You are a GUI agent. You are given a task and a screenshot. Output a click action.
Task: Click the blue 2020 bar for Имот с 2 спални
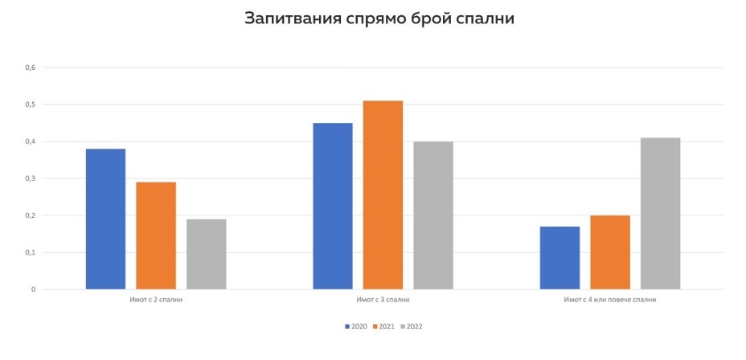105,219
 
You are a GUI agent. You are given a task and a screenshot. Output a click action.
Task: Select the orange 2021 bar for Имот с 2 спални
156,235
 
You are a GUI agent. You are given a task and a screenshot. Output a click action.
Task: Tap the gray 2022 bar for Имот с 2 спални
207,254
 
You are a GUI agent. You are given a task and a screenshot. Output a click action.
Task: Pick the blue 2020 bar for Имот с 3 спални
333,206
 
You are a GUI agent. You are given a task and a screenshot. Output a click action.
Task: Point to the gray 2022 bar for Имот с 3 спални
433,215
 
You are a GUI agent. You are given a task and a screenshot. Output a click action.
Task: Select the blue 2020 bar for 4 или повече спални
559,258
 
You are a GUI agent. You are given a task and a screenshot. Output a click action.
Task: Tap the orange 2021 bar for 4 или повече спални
610,252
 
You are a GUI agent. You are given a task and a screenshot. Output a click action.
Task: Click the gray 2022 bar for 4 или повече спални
661,214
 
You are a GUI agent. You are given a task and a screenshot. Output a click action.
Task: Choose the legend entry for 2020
356,326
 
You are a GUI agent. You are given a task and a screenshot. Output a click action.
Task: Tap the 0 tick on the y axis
34,289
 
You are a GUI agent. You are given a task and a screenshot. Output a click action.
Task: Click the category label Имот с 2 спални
155,300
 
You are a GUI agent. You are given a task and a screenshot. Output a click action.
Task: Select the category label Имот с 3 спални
383,300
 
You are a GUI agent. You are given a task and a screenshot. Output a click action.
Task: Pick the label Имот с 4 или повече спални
610,300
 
